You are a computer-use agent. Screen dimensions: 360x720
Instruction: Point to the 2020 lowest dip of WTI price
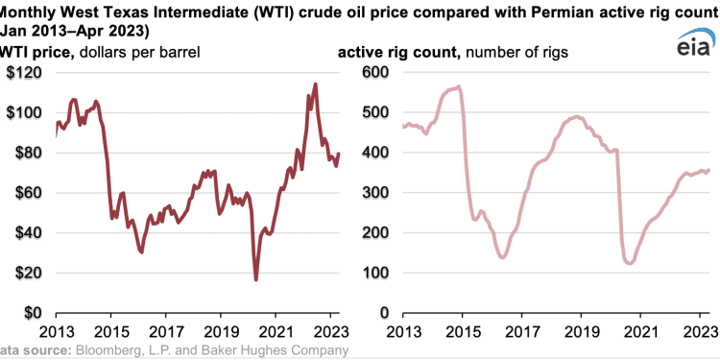click(x=255, y=279)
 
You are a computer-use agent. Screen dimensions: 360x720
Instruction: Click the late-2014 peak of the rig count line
click(x=458, y=87)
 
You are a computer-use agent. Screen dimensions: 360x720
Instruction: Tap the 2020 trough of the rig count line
click(x=630, y=262)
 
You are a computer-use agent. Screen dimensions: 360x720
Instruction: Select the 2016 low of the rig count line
click(x=502, y=257)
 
